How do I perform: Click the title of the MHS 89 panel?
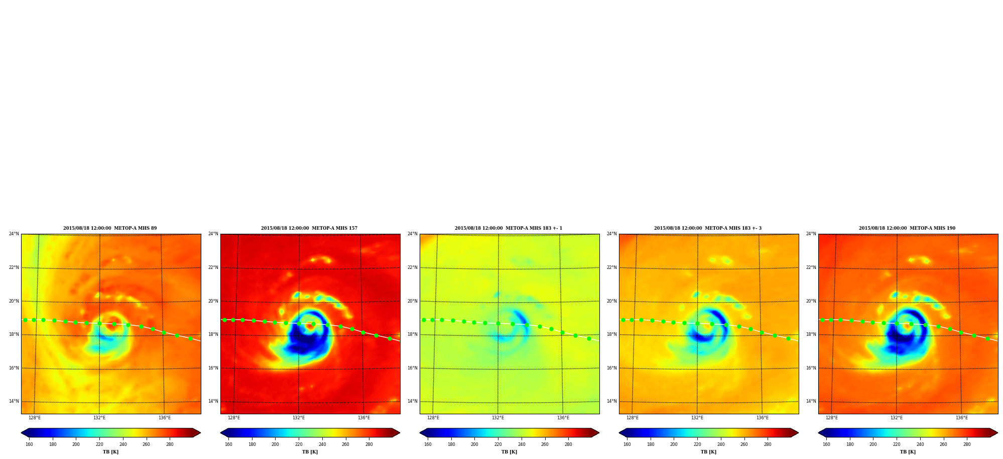coord(110,228)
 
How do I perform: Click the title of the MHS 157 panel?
coord(309,228)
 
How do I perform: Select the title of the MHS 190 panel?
coord(907,228)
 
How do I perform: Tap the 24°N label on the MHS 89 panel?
coord(14,234)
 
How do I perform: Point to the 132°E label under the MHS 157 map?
coord(299,418)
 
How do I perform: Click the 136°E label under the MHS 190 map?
coord(962,418)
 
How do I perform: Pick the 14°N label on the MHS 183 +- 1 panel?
coord(413,401)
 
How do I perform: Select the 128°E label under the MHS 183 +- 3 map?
coord(633,418)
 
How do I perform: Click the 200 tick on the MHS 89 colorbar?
coord(76,444)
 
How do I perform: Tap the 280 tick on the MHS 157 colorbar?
coord(369,444)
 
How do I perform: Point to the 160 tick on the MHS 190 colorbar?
coord(826,444)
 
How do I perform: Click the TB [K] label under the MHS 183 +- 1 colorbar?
coord(509,452)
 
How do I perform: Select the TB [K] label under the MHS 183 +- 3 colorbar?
coord(708,452)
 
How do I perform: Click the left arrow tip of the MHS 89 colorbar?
coord(21,433)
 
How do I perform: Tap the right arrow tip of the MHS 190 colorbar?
coord(997,433)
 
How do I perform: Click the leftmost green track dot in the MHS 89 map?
coord(25,320)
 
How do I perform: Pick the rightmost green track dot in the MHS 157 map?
coord(390,338)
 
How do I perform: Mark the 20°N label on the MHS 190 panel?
coord(811,301)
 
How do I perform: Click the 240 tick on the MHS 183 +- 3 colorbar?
coord(721,444)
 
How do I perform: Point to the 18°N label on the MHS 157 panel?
coord(213,334)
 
